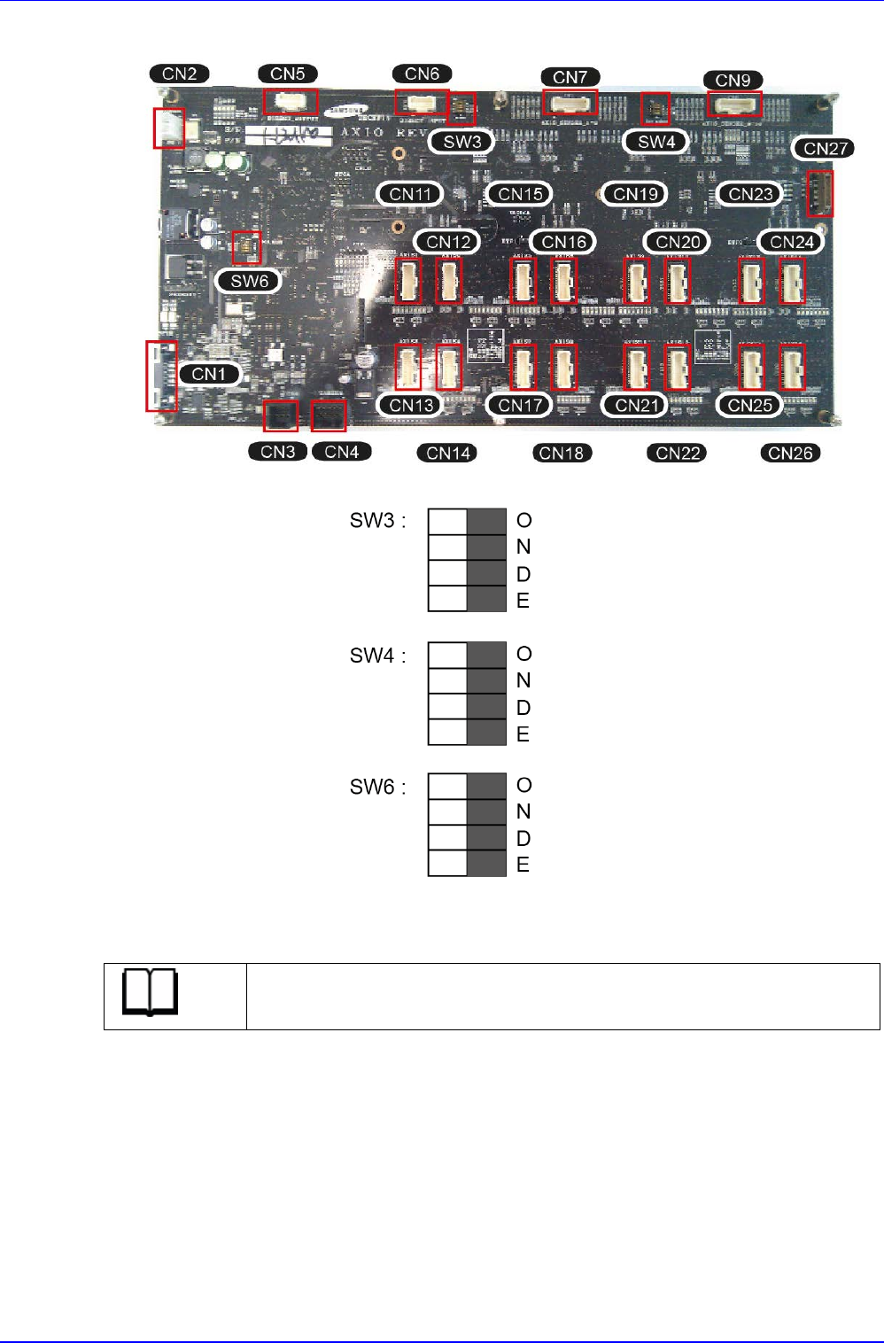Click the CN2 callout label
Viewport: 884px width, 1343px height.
180,74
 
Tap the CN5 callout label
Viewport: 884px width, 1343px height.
288,74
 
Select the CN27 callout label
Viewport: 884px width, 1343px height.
826,148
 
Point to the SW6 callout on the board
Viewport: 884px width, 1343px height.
249,281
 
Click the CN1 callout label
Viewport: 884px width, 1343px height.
209,374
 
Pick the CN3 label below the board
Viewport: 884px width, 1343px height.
278,452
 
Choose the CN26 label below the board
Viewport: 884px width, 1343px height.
790,453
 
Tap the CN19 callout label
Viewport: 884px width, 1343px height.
636,193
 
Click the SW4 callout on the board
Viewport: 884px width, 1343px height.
656,141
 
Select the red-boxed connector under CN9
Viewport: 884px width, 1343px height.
734,105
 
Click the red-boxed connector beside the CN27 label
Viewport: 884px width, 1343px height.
820,194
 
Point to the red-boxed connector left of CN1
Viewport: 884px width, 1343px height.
161,377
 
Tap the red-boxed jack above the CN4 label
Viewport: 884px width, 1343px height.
329,415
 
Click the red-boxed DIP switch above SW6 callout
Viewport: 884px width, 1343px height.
245,247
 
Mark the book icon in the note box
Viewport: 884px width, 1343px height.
151,993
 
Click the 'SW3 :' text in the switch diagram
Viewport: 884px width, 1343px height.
377,520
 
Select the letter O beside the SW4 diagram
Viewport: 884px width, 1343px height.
524,654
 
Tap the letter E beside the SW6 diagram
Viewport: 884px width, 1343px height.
523,865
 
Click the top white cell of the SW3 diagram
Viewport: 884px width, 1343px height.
447,522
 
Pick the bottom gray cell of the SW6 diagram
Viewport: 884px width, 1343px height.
486,864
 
